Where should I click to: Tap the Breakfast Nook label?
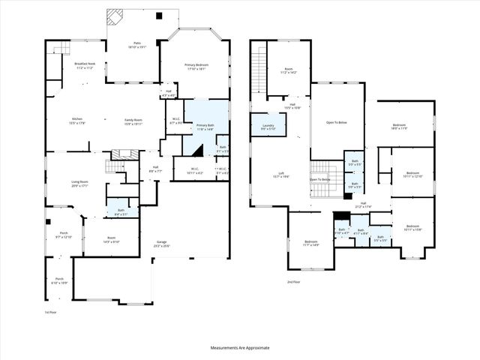tap(85, 65)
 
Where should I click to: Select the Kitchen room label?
tap(76, 120)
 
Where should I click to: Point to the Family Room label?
tap(133, 120)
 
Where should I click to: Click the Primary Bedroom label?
tap(196, 66)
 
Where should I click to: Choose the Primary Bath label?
tap(205, 127)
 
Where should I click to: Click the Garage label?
tap(161, 244)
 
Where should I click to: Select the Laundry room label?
tap(268, 127)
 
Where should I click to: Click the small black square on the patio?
tap(158, 16)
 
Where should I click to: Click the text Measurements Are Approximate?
tap(239, 348)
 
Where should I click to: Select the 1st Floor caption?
tap(50, 312)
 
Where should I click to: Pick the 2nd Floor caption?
tap(293, 281)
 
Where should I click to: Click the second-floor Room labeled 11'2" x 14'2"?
tap(288, 71)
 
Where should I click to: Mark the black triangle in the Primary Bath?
tap(194, 150)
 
